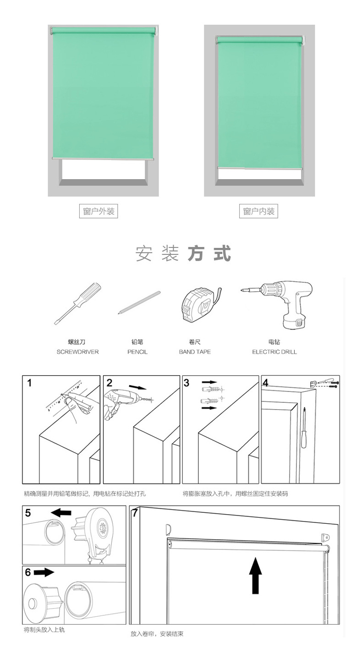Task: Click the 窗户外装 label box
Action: (99, 211)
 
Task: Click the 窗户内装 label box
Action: (259, 211)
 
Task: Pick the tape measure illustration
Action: (199, 305)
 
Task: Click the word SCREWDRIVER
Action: (77, 352)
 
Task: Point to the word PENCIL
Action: (137, 352)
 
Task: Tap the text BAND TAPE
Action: (195, 352)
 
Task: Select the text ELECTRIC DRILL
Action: (274, 352)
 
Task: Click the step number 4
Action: (265, 383)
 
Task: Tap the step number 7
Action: (135, 513)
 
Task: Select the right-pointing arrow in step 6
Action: (44, 572)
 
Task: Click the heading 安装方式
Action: (183, 254)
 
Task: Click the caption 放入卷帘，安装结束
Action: (157, 634)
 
